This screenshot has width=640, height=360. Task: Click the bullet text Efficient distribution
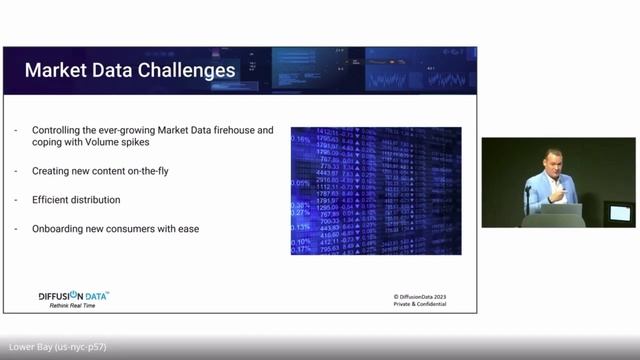coord(76,200)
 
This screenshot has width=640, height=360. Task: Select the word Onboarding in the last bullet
coord(58,229)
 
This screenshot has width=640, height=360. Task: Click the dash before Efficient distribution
coord(17,200)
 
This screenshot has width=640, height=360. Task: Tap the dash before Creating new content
coord(17,171)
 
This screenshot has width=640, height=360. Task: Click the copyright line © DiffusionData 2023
coord(421,297)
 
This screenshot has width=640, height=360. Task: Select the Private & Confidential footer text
coord(420,306)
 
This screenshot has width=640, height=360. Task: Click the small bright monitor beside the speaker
coord(620,212)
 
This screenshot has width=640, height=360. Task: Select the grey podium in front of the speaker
coord(553,215)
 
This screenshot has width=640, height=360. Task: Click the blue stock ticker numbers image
coord(376,191)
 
